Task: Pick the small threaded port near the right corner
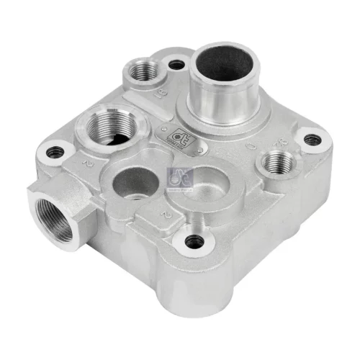[x=274, y=163]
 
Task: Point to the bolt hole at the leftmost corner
[x=55, y=152]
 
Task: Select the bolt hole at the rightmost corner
[x=311, y=139]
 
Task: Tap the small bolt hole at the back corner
[x=176, y=65]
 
